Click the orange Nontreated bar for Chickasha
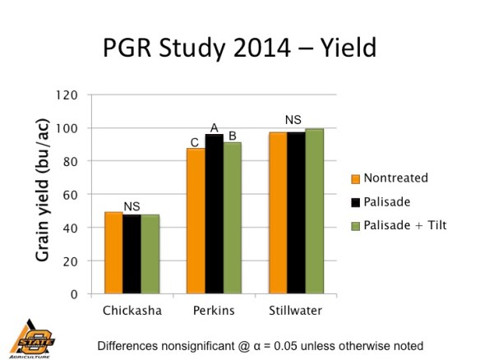point(113,253)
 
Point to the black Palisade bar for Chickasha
point(132,254)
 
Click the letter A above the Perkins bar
point(214,127)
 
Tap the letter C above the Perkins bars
point(195,142)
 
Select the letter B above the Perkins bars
point(233,136)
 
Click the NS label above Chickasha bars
point(132,205)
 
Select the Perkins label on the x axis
point(214,312)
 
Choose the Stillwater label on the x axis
point(296,312)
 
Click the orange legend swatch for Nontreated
point(355,178)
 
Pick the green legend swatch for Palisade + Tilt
point(355,225)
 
